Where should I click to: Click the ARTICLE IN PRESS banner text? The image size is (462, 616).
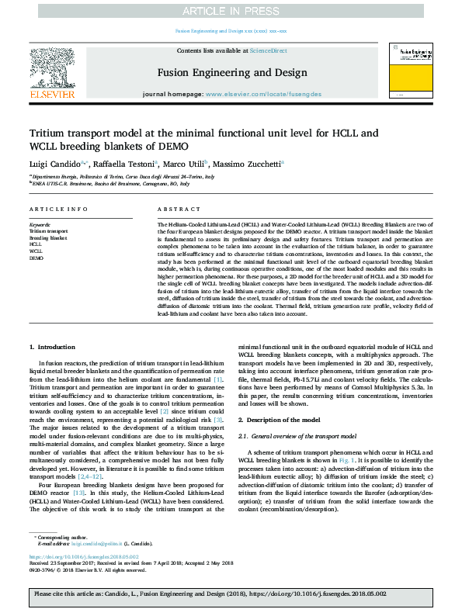[231, 10]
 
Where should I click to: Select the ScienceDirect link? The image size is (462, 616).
[269, 50]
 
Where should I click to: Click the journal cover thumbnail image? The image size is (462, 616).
[412, 71]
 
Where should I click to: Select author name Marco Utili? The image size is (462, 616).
[183, 164]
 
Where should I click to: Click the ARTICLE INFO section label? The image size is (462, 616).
[58, 210]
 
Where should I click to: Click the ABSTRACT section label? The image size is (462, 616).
[174, 210]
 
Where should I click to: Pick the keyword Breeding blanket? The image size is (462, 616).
[48, 237]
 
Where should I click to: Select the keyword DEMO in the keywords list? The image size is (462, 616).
[36, 257]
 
